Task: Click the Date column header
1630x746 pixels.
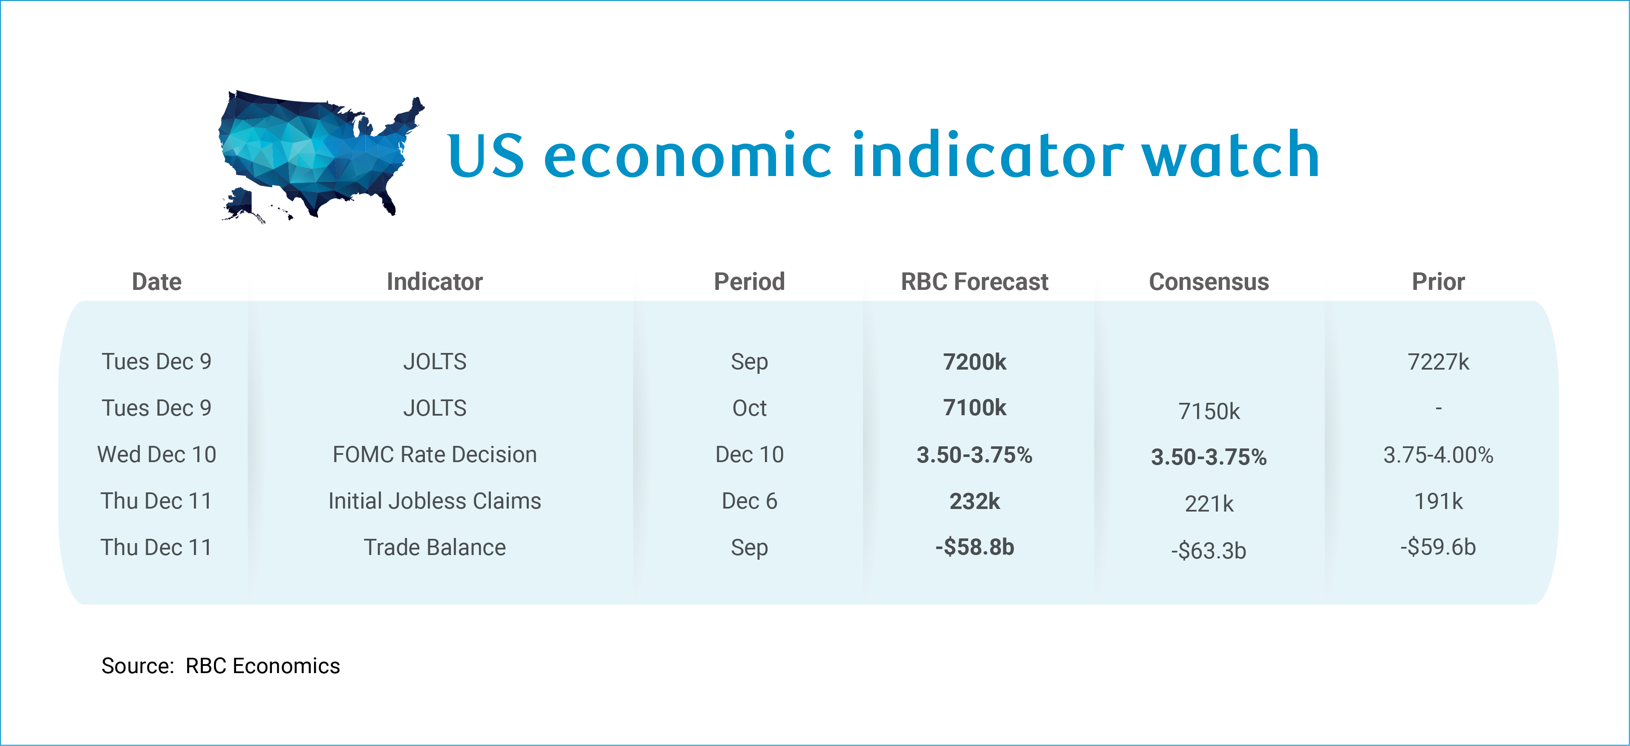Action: click(156, 282)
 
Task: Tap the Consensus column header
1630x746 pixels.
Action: click(1209, 282)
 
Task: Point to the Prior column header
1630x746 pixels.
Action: click(1438, 282)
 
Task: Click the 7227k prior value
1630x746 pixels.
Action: click(1438, 362)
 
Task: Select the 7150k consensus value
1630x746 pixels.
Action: click(1209, 411)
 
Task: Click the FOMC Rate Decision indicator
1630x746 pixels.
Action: click(435, 454)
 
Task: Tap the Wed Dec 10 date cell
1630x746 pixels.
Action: click(156, 454)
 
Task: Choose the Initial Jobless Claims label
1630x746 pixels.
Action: click(435, 501)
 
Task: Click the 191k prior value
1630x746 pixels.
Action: click(1438, 501)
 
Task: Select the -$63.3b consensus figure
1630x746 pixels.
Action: click(1209, 550)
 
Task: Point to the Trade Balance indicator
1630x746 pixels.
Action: click(435, 547)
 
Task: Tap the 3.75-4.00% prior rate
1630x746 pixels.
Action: click(1438, 454)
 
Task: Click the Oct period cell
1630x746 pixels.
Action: click(749, 408)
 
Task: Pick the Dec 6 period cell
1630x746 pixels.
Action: click(749, 501)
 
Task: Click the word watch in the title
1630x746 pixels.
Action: click(1231, 155)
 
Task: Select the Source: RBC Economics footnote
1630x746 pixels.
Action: click(220, 665)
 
